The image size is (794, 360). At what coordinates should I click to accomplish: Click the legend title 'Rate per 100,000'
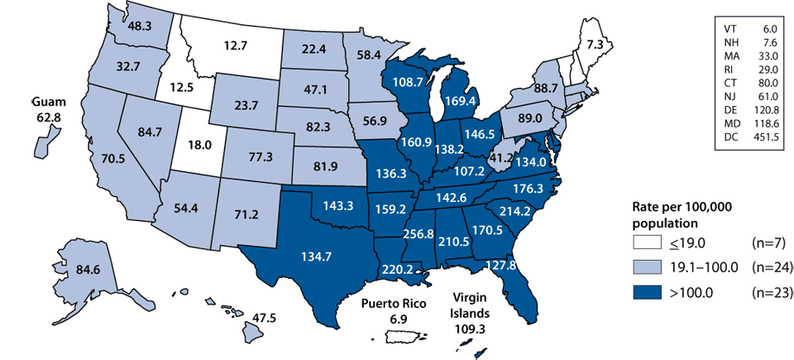pos(672,207)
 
